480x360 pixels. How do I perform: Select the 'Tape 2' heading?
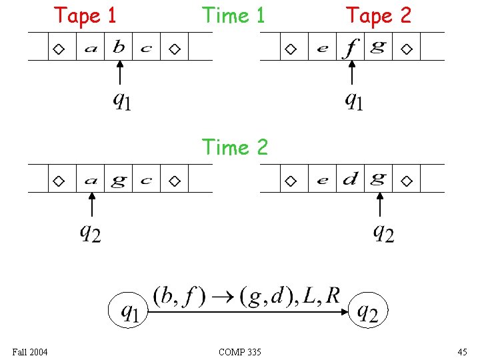pyautogui.click(x=379, y=15)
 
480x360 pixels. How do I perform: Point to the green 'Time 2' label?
pyautogui.click(x=234, y=147)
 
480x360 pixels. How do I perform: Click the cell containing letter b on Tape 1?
pyautogui.click(x=119, y=47)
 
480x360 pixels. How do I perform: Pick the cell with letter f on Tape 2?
pyautogui.click(x=351, y=47)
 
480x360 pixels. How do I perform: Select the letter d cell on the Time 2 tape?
pyautogui.click(x=351, y=179)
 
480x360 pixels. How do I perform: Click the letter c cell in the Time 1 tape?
pyautogui.click(x=146, y=47)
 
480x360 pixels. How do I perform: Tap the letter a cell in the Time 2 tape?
pyautogui.click(x=91, y=179)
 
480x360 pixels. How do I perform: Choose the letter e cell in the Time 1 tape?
pyautogui.click(x=323, y=47)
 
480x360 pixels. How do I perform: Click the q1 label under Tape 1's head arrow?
pyautogui.click(x=121, y=101)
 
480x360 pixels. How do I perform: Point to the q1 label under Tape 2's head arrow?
pyautogui.click(x=353, y=101)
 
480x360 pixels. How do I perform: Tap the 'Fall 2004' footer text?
pyautogui.click(x=29, y=351)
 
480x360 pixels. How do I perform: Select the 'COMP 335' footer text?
pyautogui.click(x=239, y=351)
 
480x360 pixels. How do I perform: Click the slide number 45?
pyautogui.click(x=462, y=351)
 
